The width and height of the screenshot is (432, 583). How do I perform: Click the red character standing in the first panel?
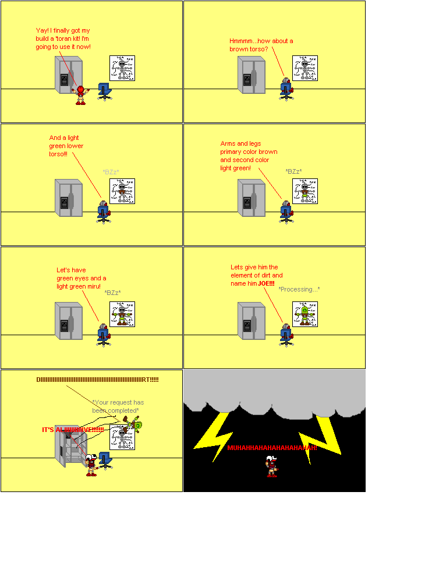80,96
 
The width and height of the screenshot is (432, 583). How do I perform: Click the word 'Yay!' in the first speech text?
42,30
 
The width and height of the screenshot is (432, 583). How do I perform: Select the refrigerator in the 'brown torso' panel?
252,75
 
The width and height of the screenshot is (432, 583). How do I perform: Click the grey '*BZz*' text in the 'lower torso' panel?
111,172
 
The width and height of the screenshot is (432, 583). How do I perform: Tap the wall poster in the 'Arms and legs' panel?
305,191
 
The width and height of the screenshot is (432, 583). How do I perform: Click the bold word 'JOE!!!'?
266,283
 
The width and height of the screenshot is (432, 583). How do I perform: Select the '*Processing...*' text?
299,289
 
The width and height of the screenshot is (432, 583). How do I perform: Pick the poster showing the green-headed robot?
305,314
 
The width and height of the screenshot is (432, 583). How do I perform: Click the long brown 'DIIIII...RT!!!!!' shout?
97,380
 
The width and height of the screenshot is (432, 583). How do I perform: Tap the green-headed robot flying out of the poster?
133,424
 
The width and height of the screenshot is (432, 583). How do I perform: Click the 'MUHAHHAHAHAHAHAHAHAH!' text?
272,448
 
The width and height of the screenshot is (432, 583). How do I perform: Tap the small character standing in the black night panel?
272,467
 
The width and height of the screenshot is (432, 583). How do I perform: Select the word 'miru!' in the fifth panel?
93,286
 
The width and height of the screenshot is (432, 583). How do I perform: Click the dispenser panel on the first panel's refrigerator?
64,80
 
